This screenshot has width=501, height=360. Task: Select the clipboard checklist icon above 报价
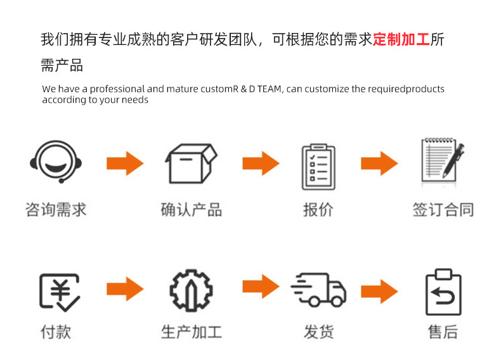point(318,166)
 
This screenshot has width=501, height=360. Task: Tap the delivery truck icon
point(319,292)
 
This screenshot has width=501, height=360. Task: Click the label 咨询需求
point(56,210)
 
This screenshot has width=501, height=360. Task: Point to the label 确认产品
point(191,210)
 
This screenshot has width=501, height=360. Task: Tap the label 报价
point(318,210)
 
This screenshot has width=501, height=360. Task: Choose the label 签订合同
point(443,210)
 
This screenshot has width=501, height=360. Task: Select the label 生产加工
point(191,331)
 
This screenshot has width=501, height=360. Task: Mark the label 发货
point(318,331)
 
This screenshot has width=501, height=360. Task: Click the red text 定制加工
point(401,39)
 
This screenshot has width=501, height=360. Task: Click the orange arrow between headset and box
point(125,164)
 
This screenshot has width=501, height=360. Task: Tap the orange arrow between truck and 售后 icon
point(379,291)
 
